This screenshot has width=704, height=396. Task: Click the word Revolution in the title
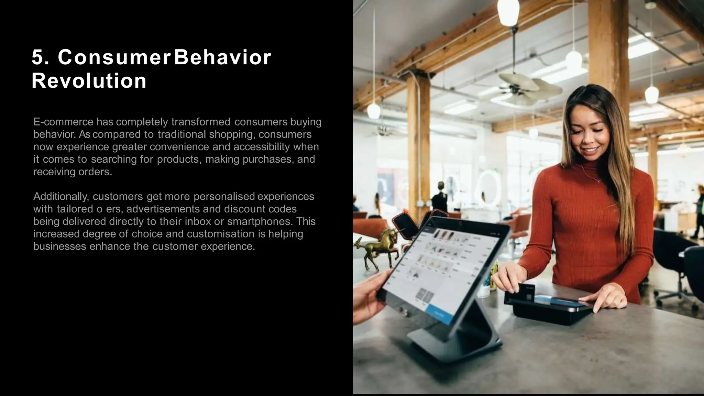click(89, 81)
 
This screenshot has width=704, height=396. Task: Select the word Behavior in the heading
click(223, 57)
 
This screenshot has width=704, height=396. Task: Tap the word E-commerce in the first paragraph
click(63, 122)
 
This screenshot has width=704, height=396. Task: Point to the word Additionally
click(61, 196)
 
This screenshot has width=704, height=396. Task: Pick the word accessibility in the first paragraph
click(262, 147)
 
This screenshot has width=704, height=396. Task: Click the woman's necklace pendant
click(598, 180)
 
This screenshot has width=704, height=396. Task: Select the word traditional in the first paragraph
click(181, 134)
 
